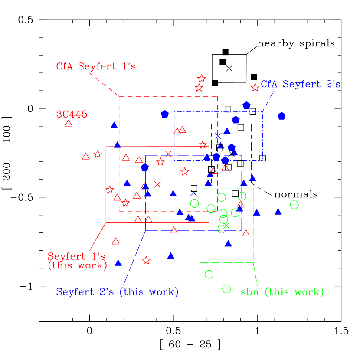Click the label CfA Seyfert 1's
[x=96, y=67]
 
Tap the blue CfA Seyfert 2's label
[x=300, y=85]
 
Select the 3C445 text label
[x=72, y=115]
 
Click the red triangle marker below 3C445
[x=69, y=124]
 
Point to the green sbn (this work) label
[x=282, y=292]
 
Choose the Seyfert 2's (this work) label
[x=117, y=292]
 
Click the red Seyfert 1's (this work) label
[x=77, y=261]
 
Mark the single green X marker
[x=226, y=225]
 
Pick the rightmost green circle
[x=294, y=205]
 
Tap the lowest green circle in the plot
[x=226, y=288]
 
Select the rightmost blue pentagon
[x=281, y=116]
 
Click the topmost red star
[x=202, y=79]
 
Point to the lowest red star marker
[x=146, y=260]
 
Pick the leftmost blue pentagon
[x=145, y=167]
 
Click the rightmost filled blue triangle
[x=278, y=212]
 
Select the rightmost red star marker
[x=255, y=87]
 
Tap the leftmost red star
[x=98, y=154]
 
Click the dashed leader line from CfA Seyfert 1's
[x=104, y=84]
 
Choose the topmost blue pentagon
[x=246, y=105]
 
